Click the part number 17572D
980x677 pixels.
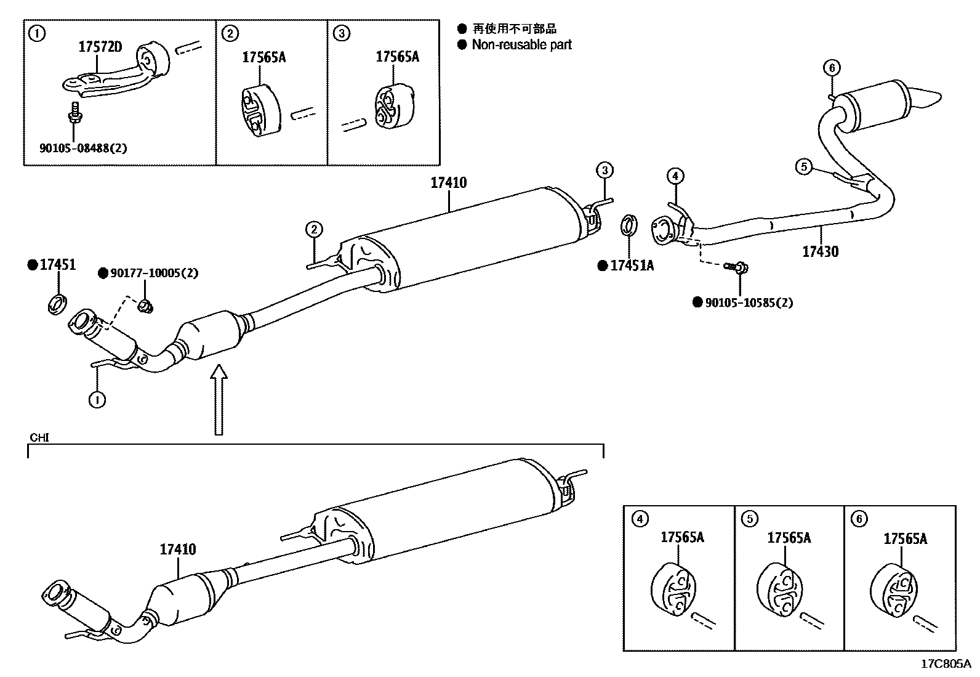coord(100,46)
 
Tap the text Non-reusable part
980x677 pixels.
coord(521,44)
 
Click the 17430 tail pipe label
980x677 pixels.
coord(820,251)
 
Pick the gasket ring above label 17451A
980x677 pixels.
coord(628,225)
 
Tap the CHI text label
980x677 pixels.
coord(39,438)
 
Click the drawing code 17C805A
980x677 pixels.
coord(945,664)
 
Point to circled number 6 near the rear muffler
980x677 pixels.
coord(832,68)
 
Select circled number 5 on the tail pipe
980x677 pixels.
coord(804,166)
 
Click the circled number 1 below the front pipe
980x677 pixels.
coord(97,400)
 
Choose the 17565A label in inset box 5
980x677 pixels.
coord(789,538)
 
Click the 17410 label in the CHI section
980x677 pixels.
coord(178,549)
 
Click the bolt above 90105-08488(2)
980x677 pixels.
coord(74,113)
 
